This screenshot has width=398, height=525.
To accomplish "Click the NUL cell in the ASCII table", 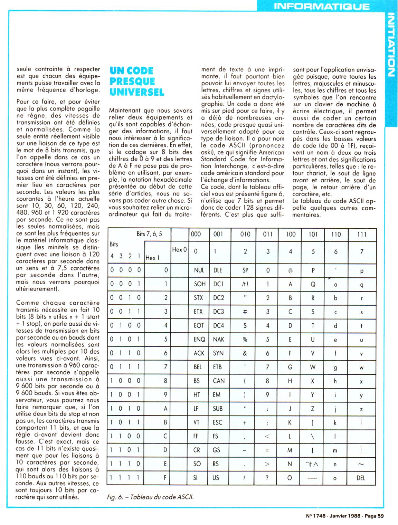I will (x=199, y=270).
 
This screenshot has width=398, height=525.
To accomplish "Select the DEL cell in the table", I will (x=361, y=478).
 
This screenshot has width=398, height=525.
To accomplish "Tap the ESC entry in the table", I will (x=218, y=422).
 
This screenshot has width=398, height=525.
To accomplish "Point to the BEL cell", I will (x=198, y=367).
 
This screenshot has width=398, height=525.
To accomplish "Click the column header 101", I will (x=313, y=234).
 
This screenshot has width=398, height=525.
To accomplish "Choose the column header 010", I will (x=245, y=234).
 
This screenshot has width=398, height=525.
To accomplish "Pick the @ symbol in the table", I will (x=290, y=270).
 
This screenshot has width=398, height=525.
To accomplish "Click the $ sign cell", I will (x=245, y=325).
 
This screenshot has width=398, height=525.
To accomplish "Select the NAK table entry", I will (x=219, y=339).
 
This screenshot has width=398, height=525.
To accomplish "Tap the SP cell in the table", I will (x=245, y=270).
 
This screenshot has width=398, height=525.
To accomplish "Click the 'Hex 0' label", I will (x=179, y=249).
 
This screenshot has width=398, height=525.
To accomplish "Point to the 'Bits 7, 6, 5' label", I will (x=149, y=234).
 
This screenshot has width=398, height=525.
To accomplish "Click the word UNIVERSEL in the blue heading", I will (x=136, y=92).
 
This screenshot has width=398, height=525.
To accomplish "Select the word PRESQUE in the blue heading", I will (x=132, y=81).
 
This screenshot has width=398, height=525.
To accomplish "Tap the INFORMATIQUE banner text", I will (x=321, y=6).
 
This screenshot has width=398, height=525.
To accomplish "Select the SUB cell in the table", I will (x=218, y=409).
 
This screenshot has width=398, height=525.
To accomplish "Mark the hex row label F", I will (x=165, y=478).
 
